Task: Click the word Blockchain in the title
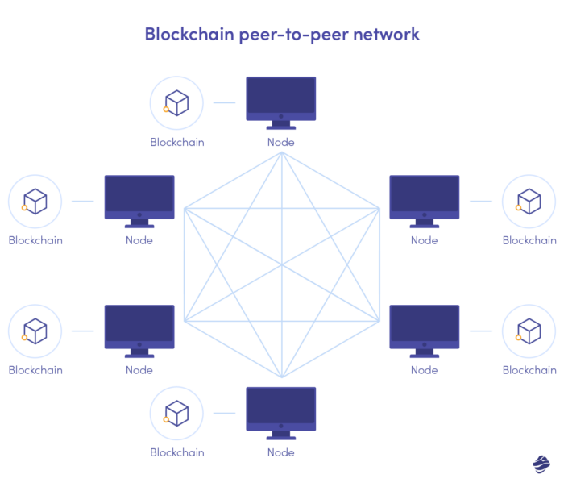pyautogui.click(x=185, y=35)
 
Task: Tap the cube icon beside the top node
pyautogui.click(x=176, y=103)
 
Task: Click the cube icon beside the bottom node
pyautogui.click(x=176, y=414)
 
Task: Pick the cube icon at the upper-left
pyautogui.click(x=35, y=202)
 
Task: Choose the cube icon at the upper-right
pyautogui.click(x=529, y=202)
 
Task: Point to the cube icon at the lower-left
pyautogui.click(x=35, y=331)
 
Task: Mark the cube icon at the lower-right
pyautogui.click(x=529, y=331)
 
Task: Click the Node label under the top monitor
pyautogui.click(x=280, y=142)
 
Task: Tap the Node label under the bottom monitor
pyautogui.click(x=280, y=452)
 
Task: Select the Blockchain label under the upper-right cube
pyautogui.click(x=529, y=240)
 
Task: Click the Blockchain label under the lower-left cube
pyautogui.click(x=35, y=370)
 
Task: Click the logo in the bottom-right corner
pyautogui.click(x=541, y=464)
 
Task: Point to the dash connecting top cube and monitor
pyautogui.click(x=224, y=103)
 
